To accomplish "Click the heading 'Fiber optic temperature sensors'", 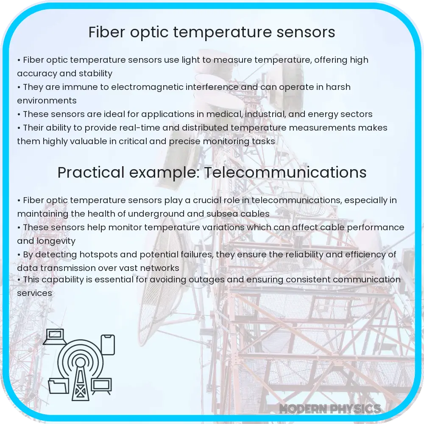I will (x=212, y=33).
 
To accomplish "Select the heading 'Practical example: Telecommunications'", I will (x=212, y=173).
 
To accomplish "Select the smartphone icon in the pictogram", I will (x=108, y=344).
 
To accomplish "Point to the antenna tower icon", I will (x=79, y=373).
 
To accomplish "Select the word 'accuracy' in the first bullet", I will (x=36, y=73).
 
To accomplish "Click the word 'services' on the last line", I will (x=34, y=293).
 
